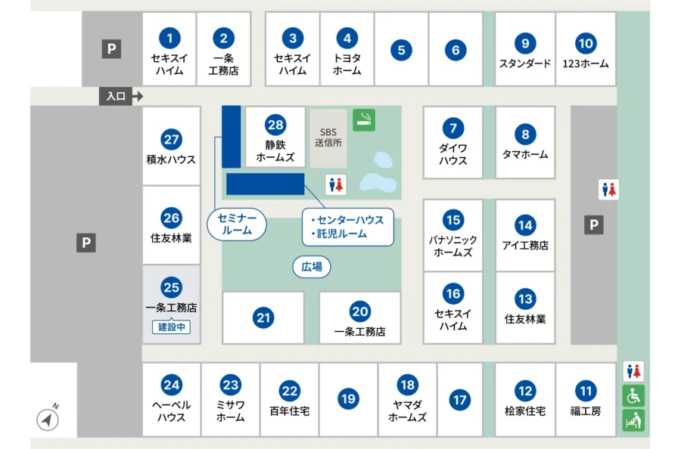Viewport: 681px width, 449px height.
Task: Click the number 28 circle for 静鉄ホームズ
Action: point(275,125)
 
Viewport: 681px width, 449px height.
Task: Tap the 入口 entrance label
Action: point(116,96)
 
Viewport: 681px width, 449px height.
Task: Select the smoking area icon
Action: point(364,119)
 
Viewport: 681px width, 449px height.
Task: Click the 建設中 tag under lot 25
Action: point(171,327)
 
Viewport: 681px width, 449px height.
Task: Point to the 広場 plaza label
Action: point(312,266)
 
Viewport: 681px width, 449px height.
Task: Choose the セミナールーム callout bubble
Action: point(238,224)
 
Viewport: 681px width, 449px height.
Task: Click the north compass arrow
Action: point(48,419)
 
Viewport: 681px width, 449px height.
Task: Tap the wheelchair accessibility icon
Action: point(633,395)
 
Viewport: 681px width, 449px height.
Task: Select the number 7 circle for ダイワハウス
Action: point(452,128)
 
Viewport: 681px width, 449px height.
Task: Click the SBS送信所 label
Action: point(328,136)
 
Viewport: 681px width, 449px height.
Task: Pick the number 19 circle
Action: point(348,398)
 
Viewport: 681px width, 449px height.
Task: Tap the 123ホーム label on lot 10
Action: point(585,64)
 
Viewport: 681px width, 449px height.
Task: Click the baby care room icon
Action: point(633,420)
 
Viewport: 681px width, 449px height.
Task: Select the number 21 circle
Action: point(263,318)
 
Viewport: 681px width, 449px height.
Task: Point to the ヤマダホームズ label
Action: point(407,411)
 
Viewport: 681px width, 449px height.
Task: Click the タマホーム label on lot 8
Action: point(524,154)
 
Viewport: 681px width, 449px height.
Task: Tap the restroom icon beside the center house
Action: point(336,184)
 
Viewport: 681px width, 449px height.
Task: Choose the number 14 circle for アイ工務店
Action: point(525,224)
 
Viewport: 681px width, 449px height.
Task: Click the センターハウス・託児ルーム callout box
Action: point(348,227)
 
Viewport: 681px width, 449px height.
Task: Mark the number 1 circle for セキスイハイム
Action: point(169,37)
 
